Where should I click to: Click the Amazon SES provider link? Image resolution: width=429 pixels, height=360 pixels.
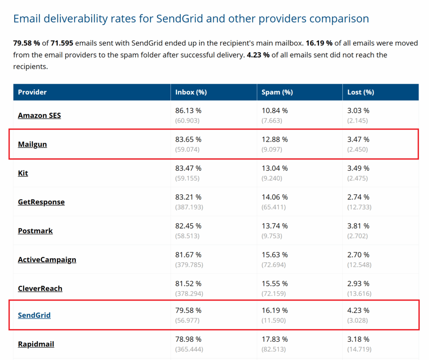[39, 115]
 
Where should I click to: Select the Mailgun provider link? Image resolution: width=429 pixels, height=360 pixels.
[32, 144]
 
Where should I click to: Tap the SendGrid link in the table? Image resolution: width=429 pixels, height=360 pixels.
[34, 315]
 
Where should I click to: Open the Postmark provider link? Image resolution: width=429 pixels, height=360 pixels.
[35, 231]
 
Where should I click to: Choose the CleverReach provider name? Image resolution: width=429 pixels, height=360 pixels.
[40, 288]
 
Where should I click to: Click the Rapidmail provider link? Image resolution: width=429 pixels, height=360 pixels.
[36, 344]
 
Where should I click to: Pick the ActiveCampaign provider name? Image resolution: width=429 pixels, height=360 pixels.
[47, 260]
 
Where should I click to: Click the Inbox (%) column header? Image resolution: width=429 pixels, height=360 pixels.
[191, 92]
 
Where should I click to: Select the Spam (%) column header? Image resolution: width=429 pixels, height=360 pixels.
[277, 92]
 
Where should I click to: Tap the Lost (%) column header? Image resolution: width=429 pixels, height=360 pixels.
[361, 92]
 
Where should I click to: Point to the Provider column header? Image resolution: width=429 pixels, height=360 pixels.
[32, 92]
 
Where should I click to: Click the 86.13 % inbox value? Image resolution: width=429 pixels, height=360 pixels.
[188, 111]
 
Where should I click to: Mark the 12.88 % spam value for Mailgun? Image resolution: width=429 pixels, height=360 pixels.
[275, 139]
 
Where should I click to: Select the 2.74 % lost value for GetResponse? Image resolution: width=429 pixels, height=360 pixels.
[358, 197]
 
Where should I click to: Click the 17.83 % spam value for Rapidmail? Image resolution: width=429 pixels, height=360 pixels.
[275, 339]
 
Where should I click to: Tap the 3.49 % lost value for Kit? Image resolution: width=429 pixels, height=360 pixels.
[358, 168]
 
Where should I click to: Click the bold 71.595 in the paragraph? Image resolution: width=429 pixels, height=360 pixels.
[62, 43]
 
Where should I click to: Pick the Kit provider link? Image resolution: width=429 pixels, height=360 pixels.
[23, 173]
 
